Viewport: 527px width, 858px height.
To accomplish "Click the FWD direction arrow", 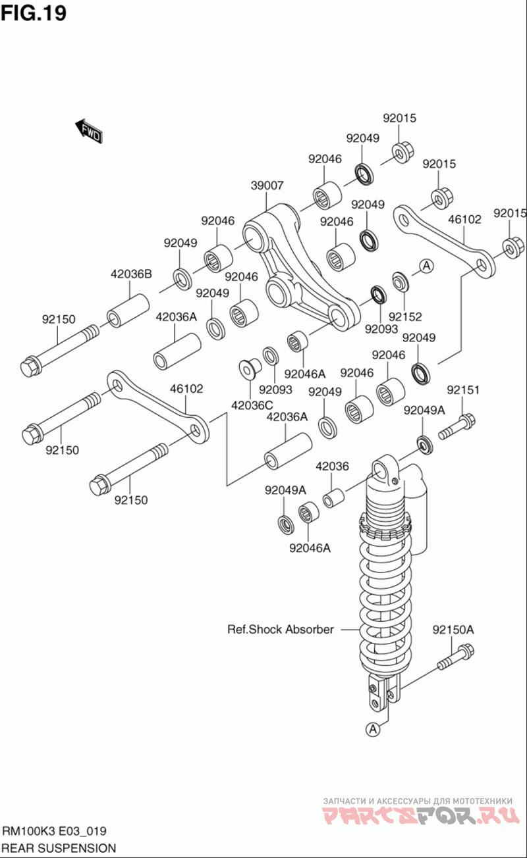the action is pos(88,131).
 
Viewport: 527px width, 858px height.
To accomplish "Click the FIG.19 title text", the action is pos(34,13).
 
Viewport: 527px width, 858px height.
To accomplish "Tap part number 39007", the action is pos(267,186).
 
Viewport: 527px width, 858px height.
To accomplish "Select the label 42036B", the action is pos(131,274).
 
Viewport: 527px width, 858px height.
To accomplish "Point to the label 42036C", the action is pos(252,405).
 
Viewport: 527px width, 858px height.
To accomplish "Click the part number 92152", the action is pos(405,316).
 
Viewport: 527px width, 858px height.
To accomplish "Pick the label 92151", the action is pos(463,390).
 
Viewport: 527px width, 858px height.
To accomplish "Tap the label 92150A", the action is pos(453,629).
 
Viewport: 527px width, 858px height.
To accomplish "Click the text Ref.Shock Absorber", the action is pos(281,629).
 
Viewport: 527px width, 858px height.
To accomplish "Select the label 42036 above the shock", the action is pos(332,466).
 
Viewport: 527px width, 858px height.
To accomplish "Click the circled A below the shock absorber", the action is pos(373,729).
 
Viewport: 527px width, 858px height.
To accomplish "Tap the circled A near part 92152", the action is pos(426,266).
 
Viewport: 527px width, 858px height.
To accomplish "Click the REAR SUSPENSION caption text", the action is pos(59,848).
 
